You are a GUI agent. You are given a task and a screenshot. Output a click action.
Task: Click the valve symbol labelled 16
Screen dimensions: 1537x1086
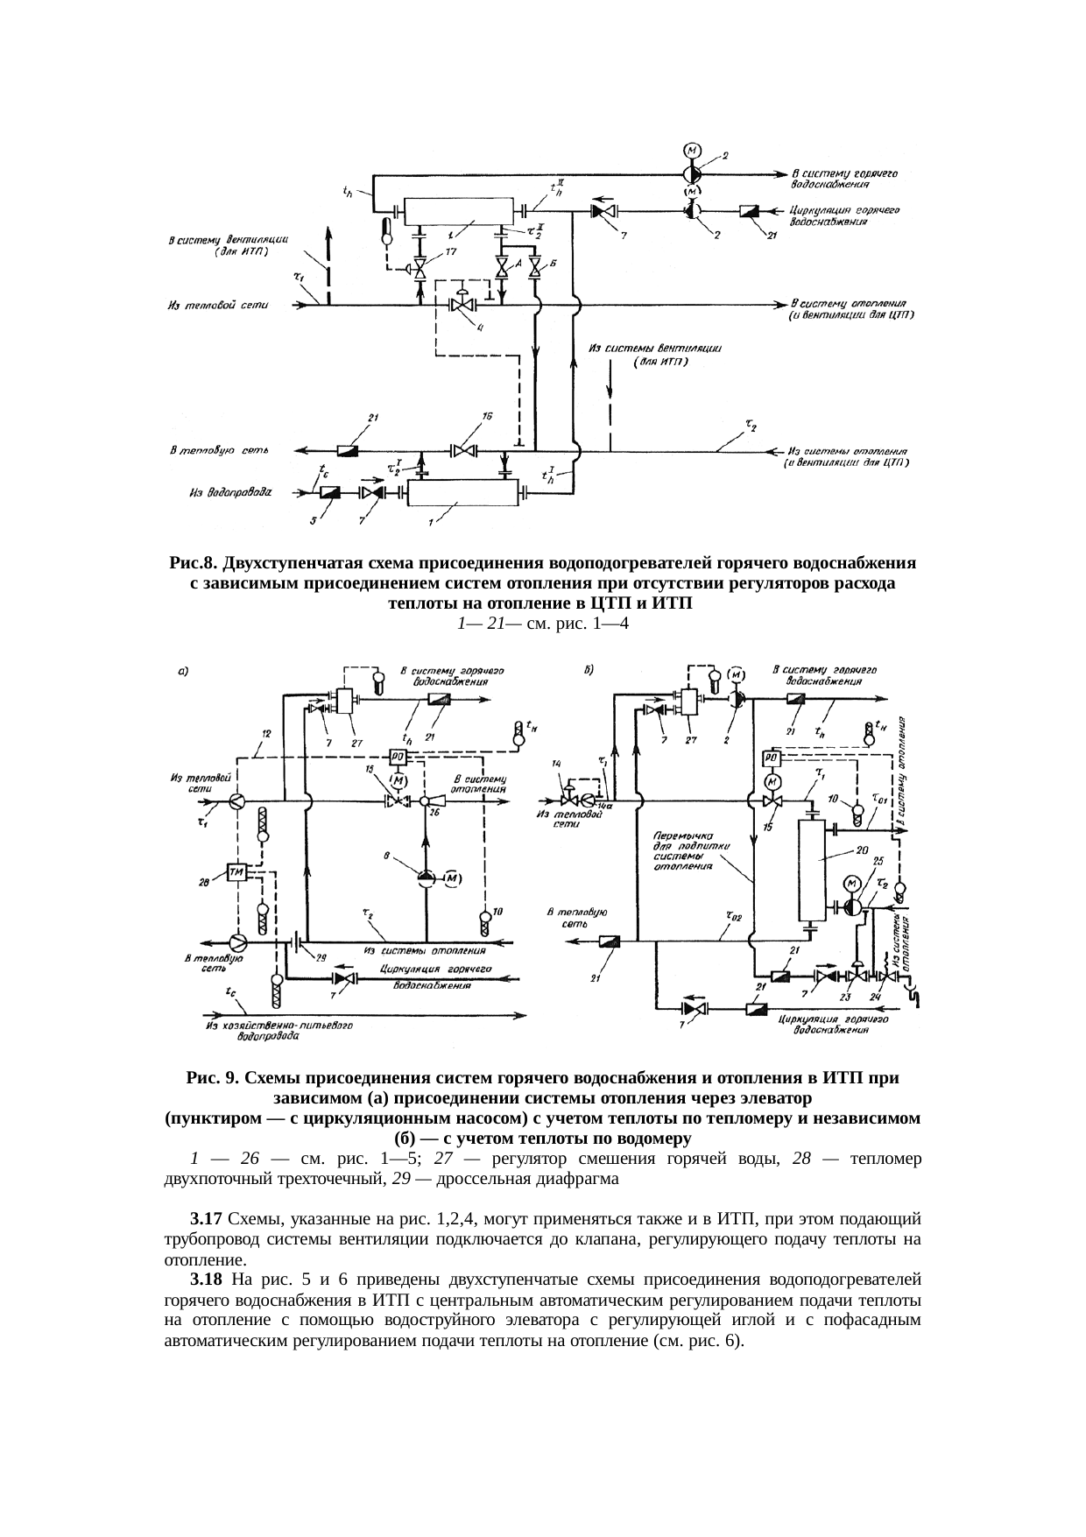click(x=462, y=451)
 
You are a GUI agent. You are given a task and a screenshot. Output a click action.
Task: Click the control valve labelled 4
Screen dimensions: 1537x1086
click(x=462, y=305)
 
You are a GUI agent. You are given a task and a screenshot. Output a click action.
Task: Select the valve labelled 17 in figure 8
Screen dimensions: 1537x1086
click(x=420, y=268)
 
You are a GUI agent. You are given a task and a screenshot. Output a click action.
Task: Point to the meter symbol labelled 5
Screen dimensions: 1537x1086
click(x=331, y=493)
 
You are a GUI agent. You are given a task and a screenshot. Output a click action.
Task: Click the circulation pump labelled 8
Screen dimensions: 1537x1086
click(x=425, y=879)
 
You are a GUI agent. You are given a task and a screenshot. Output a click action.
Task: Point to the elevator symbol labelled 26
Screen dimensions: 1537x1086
click(x=427, y=801)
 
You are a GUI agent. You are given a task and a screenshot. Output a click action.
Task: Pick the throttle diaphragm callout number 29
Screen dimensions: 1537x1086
click(x=321, y=956)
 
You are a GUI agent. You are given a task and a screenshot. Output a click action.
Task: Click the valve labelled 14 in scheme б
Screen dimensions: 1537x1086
click(x=570, y=800)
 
